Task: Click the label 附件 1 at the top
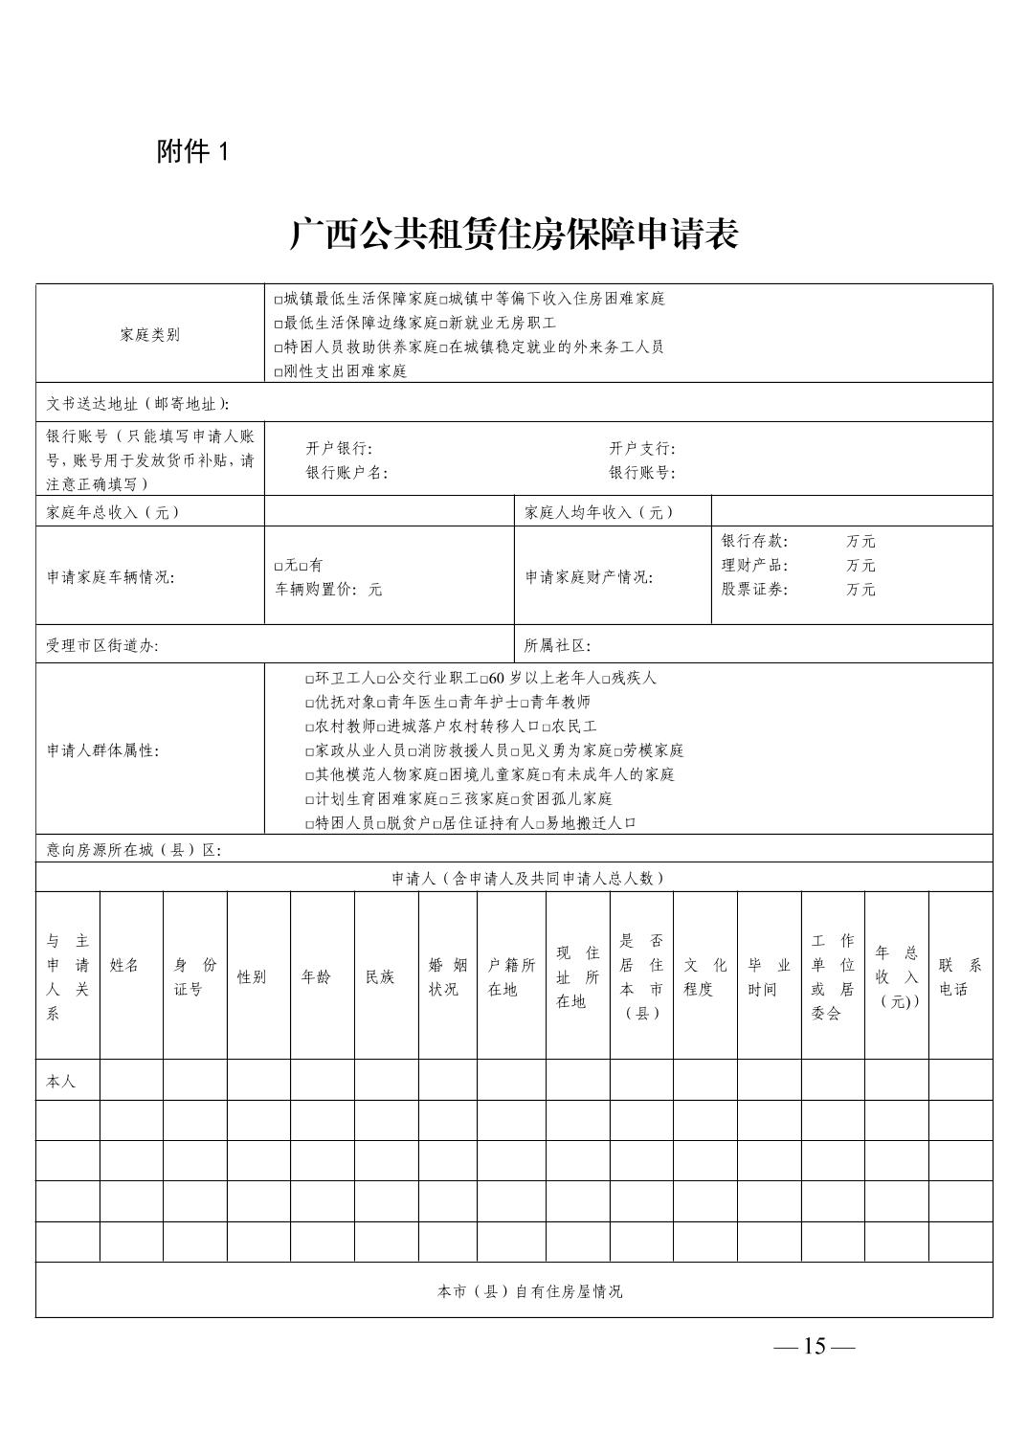[x=193, y=151]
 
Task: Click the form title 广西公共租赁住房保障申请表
[x=514, y=235]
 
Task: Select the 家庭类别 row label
[x=150, y=335]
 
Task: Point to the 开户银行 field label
[x=339, y=448]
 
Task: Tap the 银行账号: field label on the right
[x=642, y=473]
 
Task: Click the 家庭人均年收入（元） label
[x=599, y=512]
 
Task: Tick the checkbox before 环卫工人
[x=309, y=680]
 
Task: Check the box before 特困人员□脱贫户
[x=309, y=824]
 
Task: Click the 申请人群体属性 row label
[x=103, y=750]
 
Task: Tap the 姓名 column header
[x=124, y=966]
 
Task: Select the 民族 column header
[x=380, y=977]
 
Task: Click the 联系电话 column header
[x=960, y=977]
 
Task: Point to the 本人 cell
[x=61, y=1082]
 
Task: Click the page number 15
[x=814, y=1347]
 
